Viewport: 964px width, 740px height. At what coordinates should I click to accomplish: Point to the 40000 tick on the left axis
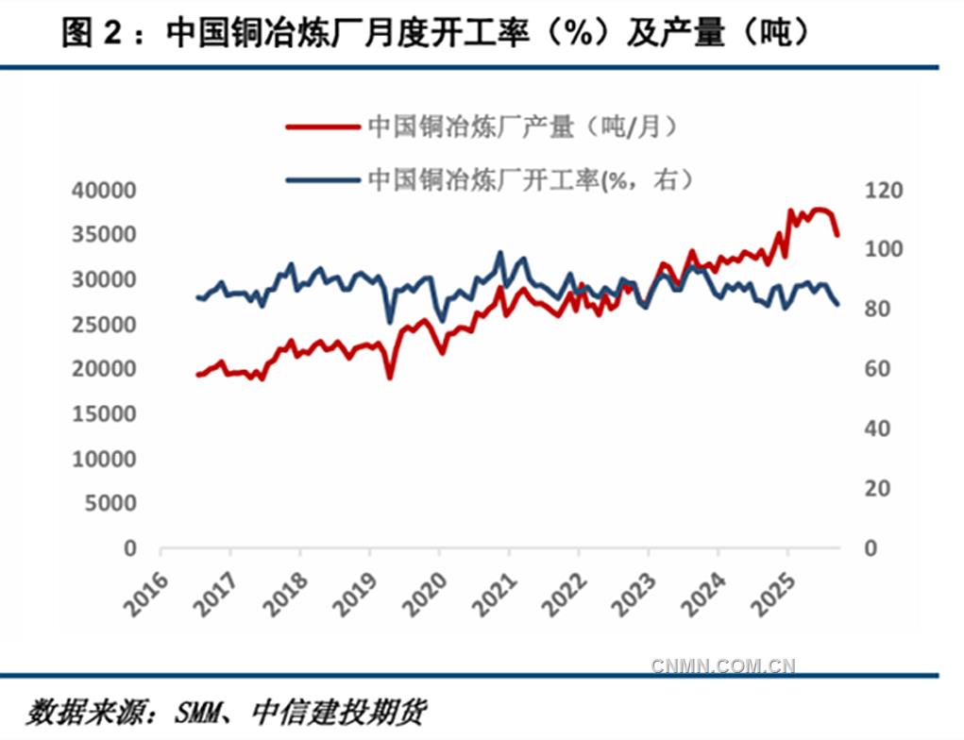[104, 192]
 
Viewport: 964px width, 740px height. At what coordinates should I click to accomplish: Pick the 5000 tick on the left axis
[110, 504]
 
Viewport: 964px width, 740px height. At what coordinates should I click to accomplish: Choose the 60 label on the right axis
[878, 370]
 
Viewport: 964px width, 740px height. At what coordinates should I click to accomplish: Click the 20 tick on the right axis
[878, 489]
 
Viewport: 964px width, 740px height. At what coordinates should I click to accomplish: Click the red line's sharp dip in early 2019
[389, 378]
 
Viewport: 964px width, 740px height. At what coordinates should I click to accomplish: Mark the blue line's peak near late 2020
[499, 254]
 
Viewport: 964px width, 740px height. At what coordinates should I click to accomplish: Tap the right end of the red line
[837, 235]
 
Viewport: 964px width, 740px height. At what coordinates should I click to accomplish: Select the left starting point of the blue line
[197, 297]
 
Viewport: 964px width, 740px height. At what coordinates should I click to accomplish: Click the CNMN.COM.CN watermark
[723, 666]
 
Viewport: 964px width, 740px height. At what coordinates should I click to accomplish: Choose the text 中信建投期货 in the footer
[337, 711]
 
